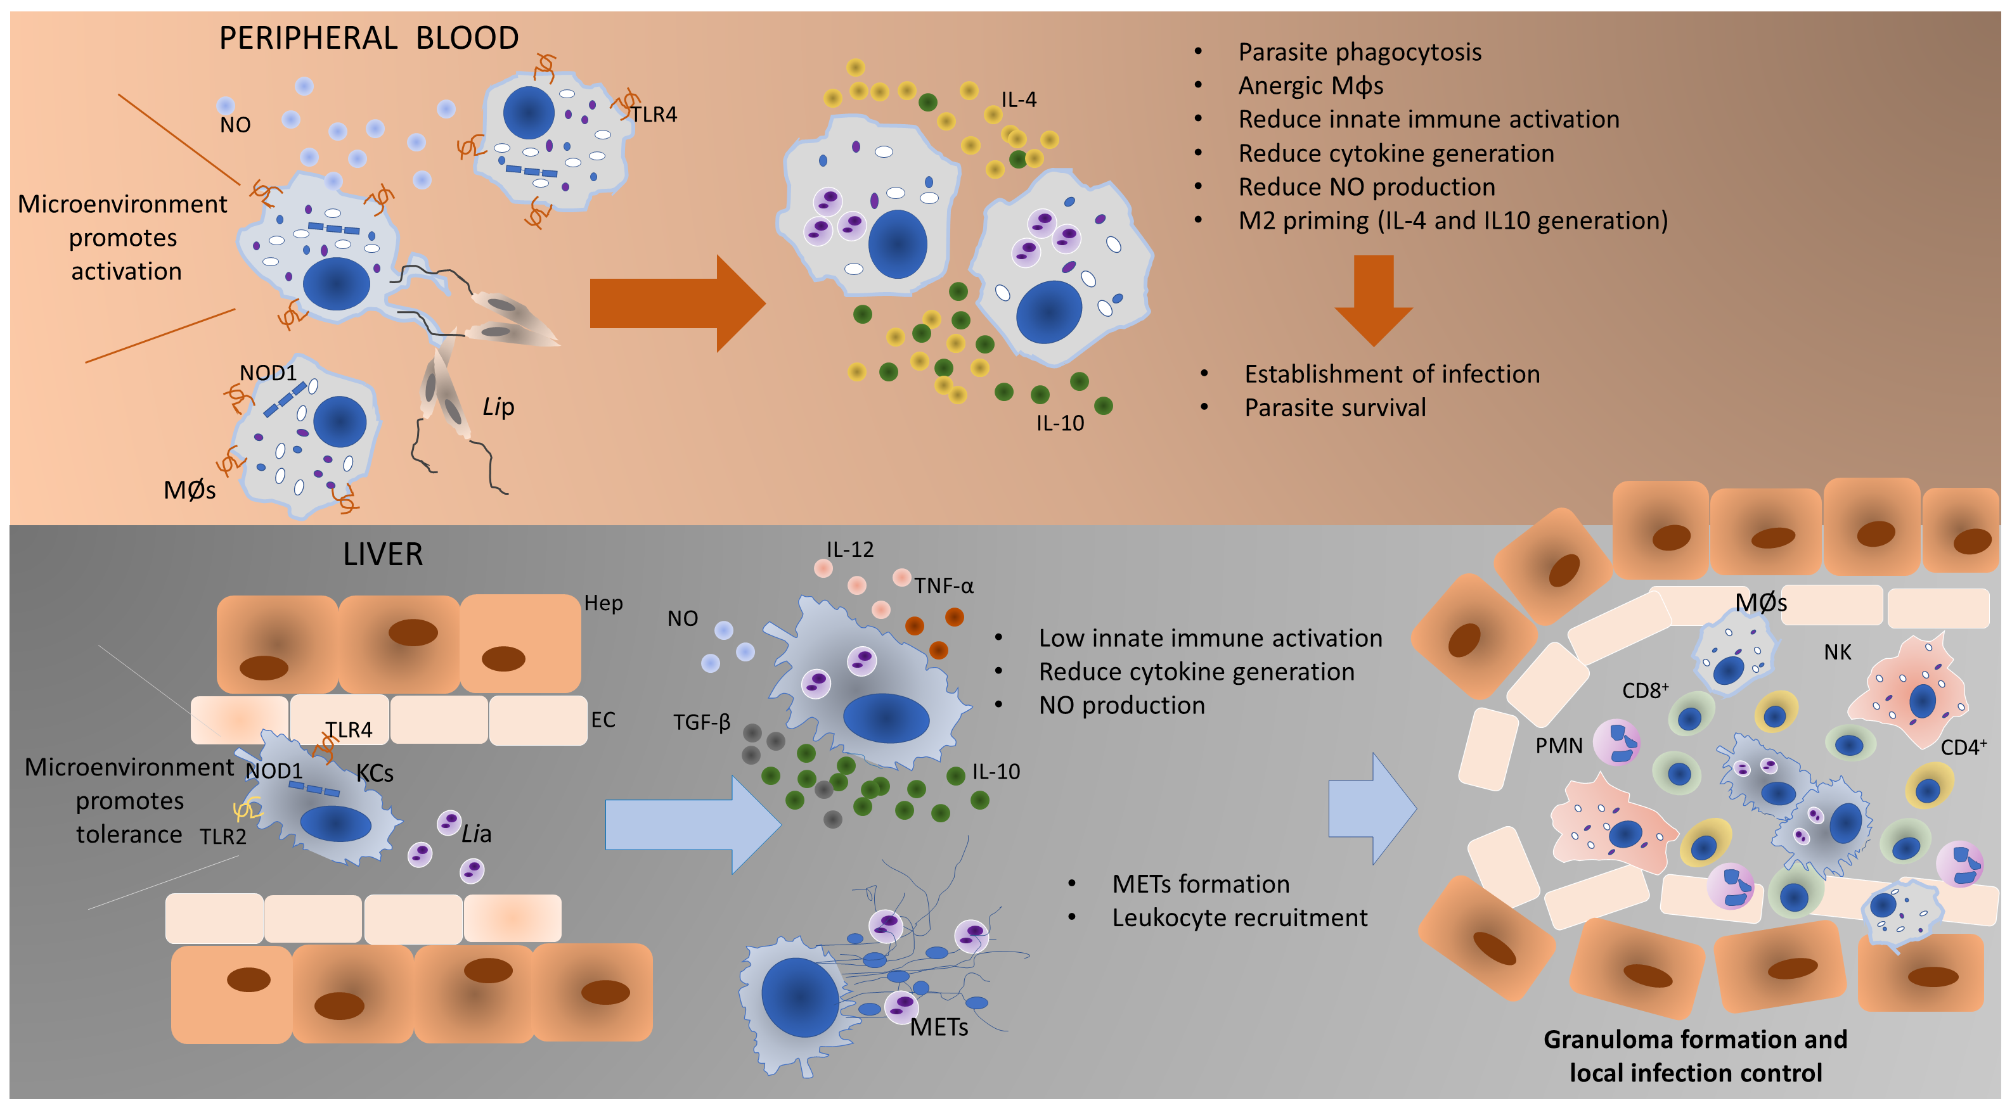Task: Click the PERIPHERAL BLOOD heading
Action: click(369, 38)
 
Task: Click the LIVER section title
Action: click(383, 554)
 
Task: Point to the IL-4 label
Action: click(1019, 100)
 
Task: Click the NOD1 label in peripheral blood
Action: click(268, 373)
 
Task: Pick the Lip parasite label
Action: click(498, 407)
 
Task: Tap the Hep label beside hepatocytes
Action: click(603, 602)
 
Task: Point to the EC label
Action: click(602, 720)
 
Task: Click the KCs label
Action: click(375, 774)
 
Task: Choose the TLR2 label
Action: click(222, 837)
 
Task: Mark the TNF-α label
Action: click(943, 585)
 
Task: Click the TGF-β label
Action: click(701, 722)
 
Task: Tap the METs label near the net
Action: click(939, 1028)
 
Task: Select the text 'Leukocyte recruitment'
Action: click(1239, 918)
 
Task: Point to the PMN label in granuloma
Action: click(1558, 746)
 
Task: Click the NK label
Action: click(1837, 653)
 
